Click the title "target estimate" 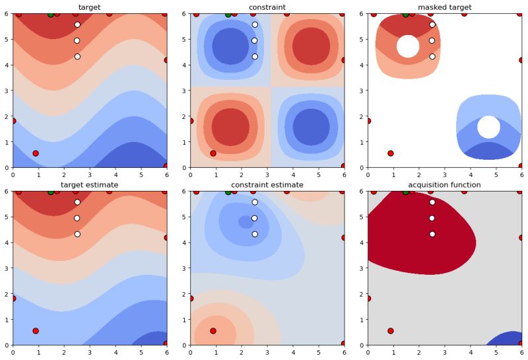[x=89, y=185]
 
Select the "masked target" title [x=444, y=7]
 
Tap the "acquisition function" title [x=444, y=185]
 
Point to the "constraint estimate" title [x=267, y=185]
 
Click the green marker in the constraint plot [x=228, y=15]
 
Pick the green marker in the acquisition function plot [x=406, y=192]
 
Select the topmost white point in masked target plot [x=432, y=24]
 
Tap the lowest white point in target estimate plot [x=77, y=234]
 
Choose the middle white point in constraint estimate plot [x=255, y=218]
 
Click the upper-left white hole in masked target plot [x=408, y=46]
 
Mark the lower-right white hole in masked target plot [x=488, y=127]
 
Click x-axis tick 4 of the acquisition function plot [x=470, y=353]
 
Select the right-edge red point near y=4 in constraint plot [x=344, y=60]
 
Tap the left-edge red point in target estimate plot [x=13, y=299]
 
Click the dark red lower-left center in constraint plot [x=230, y=127]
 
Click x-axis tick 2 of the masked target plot [x=419, y=175]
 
